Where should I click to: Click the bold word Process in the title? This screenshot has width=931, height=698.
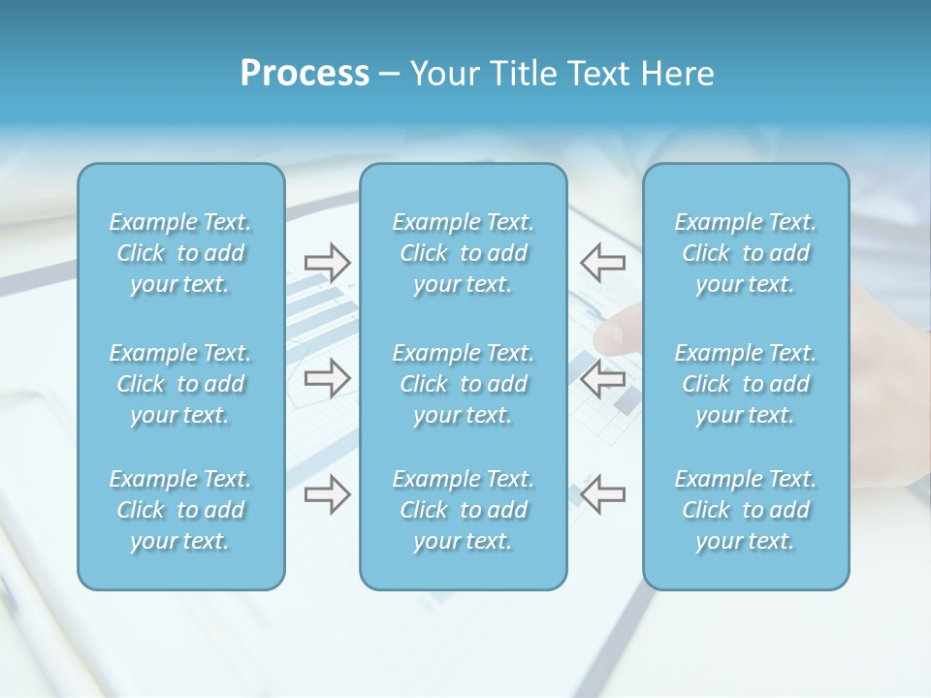(x=305, y=74)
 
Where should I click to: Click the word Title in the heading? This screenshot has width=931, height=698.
(x=522, y=74)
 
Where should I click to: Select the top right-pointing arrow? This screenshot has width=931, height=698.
(x=327, y=262)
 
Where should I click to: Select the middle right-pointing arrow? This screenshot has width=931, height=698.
(x=327, y=378)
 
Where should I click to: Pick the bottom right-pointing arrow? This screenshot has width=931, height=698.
(x=327, y=494)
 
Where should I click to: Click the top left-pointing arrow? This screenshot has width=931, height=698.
(x=602, y=262)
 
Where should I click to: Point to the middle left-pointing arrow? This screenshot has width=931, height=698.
(x=602, y=378)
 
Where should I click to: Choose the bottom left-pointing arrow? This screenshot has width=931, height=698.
(x=602, y=494)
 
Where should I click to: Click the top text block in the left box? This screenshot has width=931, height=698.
(x=180, y=253)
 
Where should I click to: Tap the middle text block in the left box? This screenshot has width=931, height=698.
(x=180, y=384)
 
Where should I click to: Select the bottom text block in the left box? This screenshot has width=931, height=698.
(x=180, y=510)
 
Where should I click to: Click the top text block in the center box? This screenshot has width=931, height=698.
(x=463, y=253)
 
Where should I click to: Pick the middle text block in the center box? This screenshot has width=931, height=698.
(x=463, y=384)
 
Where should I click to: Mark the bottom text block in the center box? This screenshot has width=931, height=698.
(x=463, y=510)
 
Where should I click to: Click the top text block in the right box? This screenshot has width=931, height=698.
(x=745, y=253)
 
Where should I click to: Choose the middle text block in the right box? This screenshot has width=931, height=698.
(x=745, y=384)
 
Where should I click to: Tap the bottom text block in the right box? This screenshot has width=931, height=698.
(x=745, y=510)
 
